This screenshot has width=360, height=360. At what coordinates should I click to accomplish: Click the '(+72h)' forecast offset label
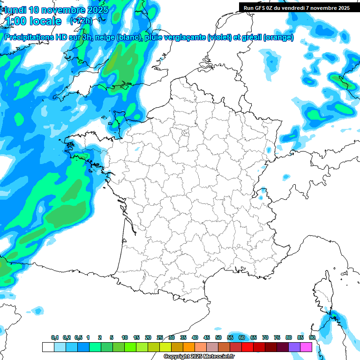click(x=81, y=21)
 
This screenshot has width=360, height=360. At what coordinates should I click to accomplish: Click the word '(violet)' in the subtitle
click(x=219, y=37)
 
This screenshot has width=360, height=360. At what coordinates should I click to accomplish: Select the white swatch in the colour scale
click(x=48, y=347)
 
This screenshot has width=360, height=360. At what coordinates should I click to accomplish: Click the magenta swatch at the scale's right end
click(x=306, y=347)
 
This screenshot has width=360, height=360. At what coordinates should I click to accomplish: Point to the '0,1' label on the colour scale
click(x=55, y=337)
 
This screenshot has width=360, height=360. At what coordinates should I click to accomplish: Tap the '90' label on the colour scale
click(x=312, y=337)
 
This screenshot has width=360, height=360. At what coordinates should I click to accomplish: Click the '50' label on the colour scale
click(x=218, y=337)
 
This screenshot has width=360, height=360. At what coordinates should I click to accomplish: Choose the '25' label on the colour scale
click(x=160, y=337)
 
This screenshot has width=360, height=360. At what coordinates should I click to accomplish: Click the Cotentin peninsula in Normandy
click(x=117, y=118)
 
